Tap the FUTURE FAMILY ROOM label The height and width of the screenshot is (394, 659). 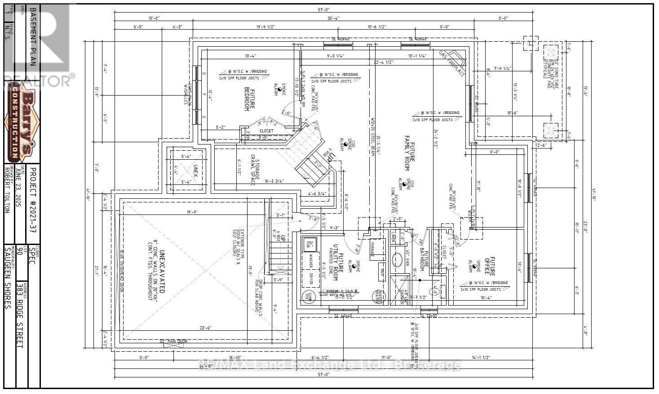coord(409,153)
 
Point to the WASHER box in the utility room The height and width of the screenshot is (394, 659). coord(310,262)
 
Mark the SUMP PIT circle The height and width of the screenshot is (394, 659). coord(309,298)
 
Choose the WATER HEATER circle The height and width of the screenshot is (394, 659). coord(377,298)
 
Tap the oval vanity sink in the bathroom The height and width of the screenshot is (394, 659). coord(398,261)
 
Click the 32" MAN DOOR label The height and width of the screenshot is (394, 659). coord(173,341)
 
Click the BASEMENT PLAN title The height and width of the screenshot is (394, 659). coord(32,36)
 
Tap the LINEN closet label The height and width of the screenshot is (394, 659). coord(394,236)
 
